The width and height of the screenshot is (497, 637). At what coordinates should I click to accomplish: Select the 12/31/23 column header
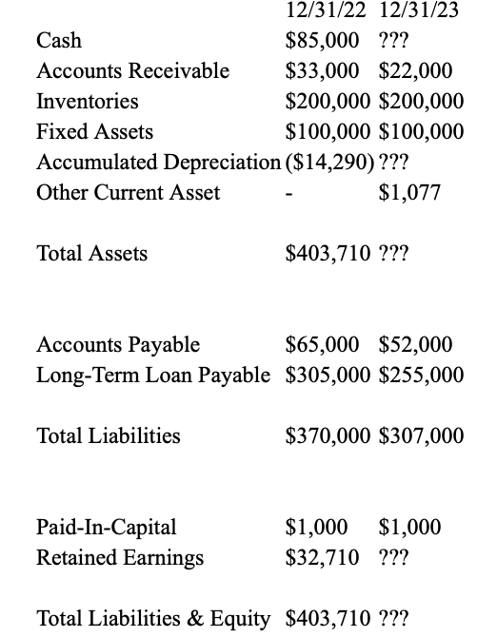(x=421, y=11)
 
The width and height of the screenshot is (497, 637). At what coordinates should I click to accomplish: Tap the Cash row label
(x=59, y=41)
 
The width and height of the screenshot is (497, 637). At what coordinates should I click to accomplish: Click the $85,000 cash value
(x=323, y=41)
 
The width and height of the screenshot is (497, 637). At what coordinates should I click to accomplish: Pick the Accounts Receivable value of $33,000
(x=323, y=71)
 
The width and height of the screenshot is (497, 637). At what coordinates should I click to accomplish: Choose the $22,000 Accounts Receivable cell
(x=415, y=71)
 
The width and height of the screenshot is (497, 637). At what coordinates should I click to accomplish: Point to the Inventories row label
(x=87, y=102)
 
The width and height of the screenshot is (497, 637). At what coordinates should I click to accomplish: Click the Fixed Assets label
(x=94, y=132)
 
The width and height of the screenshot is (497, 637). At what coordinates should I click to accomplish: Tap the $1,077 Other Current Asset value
(x=409, y=193)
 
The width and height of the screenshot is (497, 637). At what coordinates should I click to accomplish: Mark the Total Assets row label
(x=91, y=254)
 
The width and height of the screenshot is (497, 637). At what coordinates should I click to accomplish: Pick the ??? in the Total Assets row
(x=393, y=254)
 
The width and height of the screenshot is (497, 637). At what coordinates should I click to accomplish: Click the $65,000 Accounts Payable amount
(x=323, y=345)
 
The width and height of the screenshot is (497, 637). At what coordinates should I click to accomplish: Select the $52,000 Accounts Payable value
(x=415, y=345)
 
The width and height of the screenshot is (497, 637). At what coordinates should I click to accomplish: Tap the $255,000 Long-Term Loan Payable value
(x=421, y=376)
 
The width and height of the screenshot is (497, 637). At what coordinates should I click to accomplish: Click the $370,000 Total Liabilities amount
(x=328, y=436)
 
